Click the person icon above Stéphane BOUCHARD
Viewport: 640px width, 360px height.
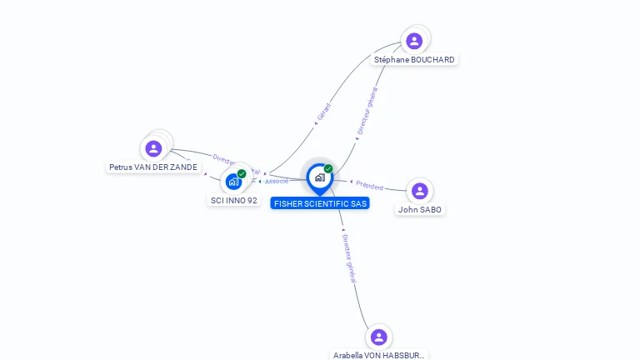(414, 41)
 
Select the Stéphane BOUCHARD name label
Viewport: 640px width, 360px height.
(414, 60)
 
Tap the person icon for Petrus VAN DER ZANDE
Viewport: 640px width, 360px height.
(153, 149)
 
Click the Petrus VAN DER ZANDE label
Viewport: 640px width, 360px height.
(154, 167)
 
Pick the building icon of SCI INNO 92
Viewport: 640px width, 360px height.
(233, 181)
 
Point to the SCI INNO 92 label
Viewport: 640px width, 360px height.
(234, 201)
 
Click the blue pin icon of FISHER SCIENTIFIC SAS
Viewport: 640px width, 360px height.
(319, 177)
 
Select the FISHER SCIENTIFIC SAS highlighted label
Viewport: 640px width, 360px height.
(320, 203)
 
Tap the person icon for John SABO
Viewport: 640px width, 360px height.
(419, 191)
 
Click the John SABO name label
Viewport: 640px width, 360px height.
(420, 210)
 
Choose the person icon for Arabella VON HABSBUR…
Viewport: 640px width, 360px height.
(379, 337)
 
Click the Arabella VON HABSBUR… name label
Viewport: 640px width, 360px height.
(379, 355)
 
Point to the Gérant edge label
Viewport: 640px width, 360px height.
(324, 111)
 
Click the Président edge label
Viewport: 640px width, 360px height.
(369, 186)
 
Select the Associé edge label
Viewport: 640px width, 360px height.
(277, 181)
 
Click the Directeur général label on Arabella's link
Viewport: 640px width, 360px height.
(349, 258)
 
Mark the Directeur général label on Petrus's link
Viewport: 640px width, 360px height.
(235, 164)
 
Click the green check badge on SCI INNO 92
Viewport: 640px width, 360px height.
(242, 173)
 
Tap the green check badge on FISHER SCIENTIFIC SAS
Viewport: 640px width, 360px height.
(328, 169)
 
